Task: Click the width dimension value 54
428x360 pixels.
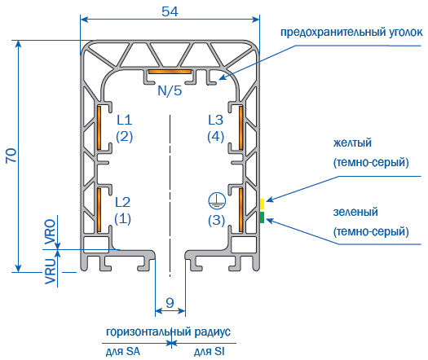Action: coord(170,11)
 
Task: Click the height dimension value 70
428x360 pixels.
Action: coord(11,156)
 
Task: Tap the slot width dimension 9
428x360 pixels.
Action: coord(170,302)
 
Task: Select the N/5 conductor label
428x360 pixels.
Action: coord(170,90)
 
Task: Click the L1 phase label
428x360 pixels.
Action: coord(125,120)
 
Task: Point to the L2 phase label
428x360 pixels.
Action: coord(122,202)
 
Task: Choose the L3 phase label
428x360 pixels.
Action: coord(216,120)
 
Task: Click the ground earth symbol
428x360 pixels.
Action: coord(217,201)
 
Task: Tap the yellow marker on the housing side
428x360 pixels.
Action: coord(262,204)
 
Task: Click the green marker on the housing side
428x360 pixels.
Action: coord(262,217)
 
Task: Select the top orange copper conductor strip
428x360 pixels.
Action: coord(170,72)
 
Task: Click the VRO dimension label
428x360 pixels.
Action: coord(51,231)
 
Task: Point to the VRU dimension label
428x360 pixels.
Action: coord(51,271)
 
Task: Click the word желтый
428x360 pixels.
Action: coord(352,143)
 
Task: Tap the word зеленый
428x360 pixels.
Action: coord(355,212)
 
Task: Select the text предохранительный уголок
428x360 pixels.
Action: coord(351,33)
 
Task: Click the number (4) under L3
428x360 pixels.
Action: coord(216,137)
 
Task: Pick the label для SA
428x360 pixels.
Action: coord(123,351)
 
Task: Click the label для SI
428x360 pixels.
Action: coord(210,351)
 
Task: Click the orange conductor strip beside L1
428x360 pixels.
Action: coord(99,128)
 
